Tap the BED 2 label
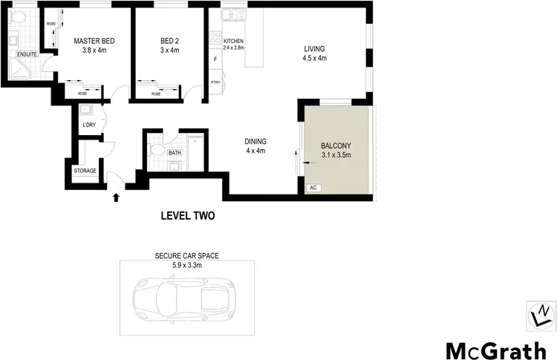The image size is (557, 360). point(171,41)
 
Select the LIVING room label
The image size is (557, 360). point(314,50)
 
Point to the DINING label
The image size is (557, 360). point(255,142)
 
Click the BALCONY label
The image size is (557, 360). point(336,145)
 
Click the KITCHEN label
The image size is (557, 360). point(224,41)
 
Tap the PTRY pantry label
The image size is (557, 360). point(215,82)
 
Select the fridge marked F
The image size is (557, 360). point(215,59)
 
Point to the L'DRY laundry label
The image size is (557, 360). point(89,124)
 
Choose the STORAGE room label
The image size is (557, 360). point(85,171)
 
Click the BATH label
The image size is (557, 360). point(175,154)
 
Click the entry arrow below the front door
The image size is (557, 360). point(115,197)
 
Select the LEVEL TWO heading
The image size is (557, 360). point(188,217)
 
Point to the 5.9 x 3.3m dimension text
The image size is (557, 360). point(186,264)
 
